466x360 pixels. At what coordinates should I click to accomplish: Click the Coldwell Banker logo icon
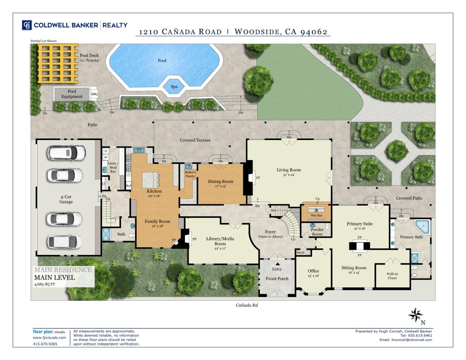(27, 25)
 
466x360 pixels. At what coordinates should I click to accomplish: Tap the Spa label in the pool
(174, 87)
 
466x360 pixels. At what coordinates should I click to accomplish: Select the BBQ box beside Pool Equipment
(95, 94)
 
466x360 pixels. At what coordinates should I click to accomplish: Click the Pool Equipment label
(72, 94)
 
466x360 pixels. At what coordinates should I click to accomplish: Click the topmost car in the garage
(67, 153)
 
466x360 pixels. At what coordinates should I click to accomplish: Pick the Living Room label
(289, 170)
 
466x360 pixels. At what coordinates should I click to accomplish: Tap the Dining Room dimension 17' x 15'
(220, 186)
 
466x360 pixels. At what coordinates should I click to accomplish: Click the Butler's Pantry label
(190, 174)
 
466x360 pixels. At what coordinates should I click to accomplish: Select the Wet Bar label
(316, 215)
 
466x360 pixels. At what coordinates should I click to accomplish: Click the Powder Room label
(317, 232)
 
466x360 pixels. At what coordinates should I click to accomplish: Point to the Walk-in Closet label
(392, 276)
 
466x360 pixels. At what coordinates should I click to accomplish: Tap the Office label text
(313, 271)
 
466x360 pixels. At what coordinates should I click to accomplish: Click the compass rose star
(415, 315)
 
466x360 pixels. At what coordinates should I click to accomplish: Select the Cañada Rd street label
(247, 305)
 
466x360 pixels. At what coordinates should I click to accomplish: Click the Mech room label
(301, 253)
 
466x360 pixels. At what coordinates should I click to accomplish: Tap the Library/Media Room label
(220, 241)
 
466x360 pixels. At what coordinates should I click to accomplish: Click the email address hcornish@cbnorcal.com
(412, 340)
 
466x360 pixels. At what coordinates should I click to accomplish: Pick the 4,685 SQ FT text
(45, 284)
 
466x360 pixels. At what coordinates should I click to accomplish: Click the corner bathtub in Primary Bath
(422, 226)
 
